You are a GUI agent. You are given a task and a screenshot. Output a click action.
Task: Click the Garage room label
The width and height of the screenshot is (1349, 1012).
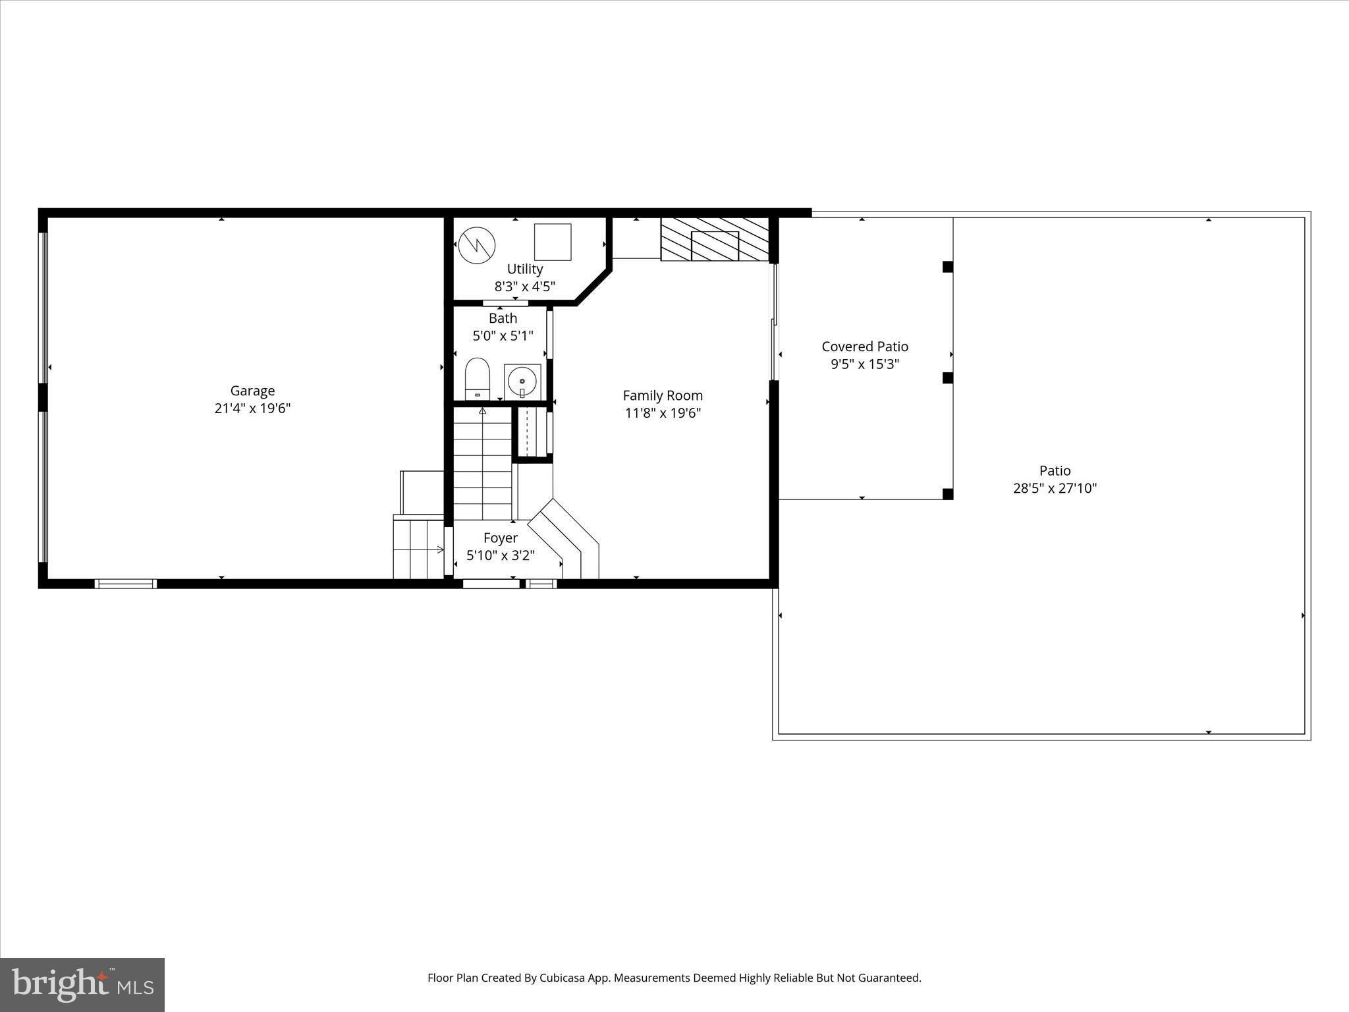point(252,391)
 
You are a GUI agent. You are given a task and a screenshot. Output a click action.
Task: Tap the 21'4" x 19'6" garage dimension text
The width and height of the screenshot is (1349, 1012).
point(252,408)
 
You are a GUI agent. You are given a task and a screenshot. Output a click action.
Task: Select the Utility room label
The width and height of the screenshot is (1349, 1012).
point(525,269)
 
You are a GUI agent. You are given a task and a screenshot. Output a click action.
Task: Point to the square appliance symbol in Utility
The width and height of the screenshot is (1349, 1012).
point(553,242)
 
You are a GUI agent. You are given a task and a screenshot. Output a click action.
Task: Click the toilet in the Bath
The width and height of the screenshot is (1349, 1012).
point(478,379)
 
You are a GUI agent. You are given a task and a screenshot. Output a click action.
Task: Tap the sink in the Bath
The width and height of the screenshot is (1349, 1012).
point(522,381)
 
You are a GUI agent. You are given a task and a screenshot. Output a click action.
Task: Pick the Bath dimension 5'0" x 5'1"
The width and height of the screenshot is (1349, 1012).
point(503,336)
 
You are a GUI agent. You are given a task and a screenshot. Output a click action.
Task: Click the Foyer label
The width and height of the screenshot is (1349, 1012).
point(501,538)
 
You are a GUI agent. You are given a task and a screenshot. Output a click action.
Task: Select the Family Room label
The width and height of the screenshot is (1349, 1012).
point(663,395)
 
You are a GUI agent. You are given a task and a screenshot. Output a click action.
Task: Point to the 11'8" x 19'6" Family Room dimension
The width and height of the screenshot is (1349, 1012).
point(663,413)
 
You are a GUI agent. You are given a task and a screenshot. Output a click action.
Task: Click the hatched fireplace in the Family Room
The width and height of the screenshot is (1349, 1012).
point(715,239)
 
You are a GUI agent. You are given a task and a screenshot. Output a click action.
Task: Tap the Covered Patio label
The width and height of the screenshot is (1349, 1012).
point(865,347)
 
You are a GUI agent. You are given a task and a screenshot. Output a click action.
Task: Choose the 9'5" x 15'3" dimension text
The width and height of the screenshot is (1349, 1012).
point(865,364)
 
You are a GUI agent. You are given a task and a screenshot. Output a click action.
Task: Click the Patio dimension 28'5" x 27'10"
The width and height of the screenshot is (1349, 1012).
point(1055,488)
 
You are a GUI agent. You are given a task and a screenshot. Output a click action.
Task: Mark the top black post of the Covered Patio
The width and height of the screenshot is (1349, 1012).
point(948,267)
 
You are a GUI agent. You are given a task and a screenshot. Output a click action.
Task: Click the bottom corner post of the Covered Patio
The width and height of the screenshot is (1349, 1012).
point(948,494)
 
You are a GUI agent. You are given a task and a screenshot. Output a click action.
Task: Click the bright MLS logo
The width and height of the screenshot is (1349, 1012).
point(82,985)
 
